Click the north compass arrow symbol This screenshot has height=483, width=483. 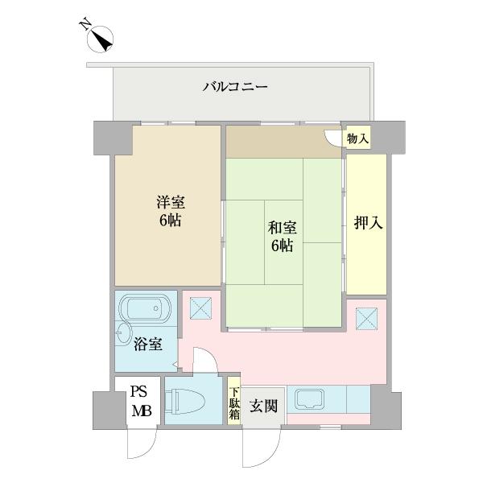101,37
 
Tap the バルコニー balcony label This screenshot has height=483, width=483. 234,86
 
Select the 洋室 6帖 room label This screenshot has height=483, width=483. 169,211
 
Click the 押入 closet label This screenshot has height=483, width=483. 367,223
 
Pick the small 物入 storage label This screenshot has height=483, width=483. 358,139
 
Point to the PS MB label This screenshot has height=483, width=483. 141,401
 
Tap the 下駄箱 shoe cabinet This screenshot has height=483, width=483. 233,400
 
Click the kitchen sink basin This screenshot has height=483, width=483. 309,398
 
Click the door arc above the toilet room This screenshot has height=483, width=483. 204,362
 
